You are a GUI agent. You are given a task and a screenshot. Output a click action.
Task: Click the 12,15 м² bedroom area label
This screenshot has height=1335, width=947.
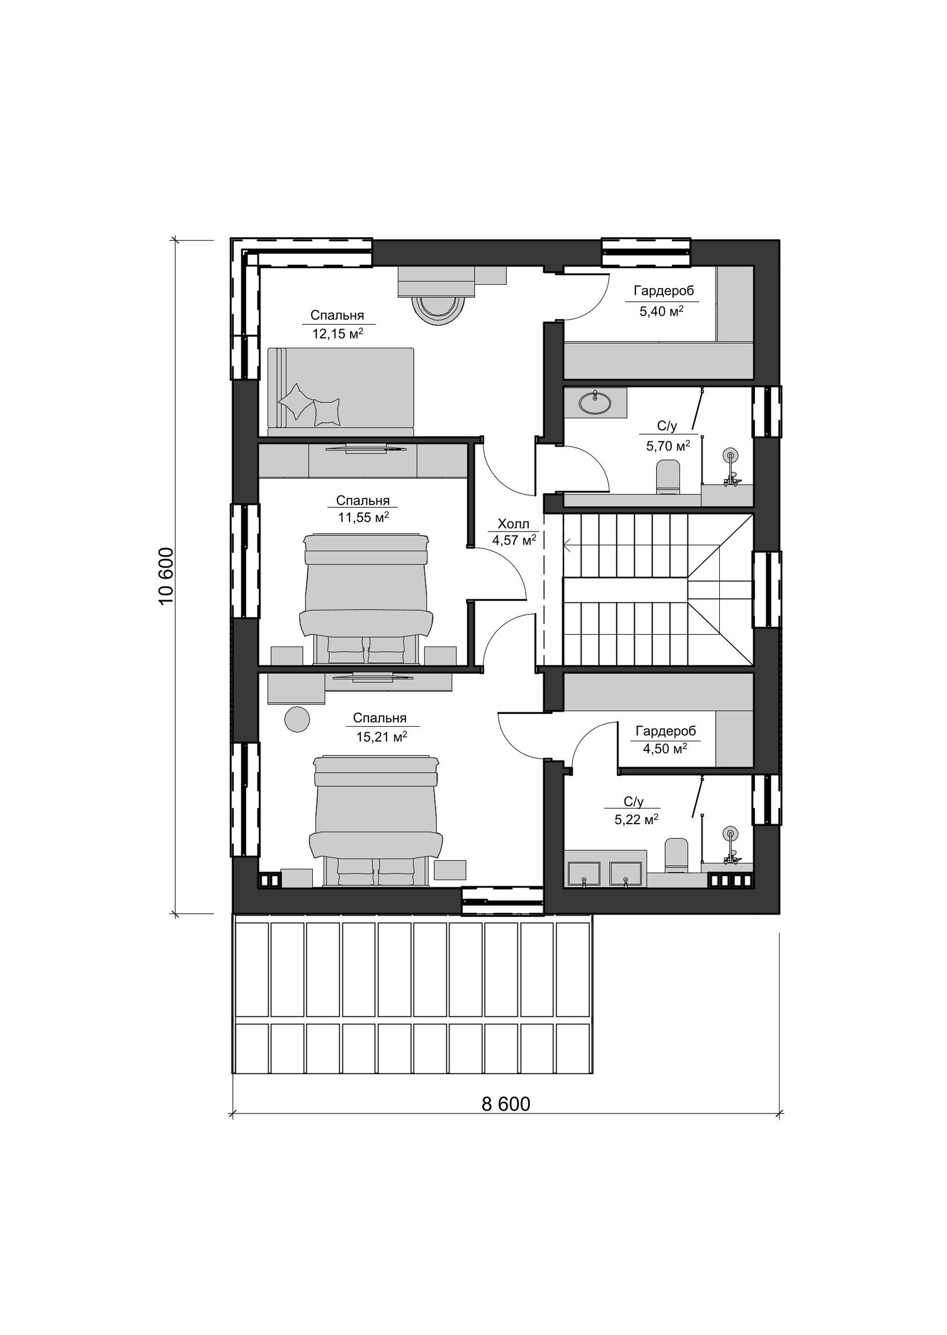coord(338,334)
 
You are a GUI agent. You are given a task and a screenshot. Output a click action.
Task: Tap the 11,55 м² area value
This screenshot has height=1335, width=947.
coord(363,517)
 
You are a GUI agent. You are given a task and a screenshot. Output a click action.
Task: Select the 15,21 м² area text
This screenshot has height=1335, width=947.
coord(382,737)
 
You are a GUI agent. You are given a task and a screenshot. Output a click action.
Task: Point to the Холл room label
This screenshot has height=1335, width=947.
coord(513,524)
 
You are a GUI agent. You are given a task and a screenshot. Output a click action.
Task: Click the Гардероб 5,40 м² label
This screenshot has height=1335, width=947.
coord(662,301)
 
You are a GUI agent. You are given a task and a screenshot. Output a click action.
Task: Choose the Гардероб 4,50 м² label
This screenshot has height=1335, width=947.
coord(665,739)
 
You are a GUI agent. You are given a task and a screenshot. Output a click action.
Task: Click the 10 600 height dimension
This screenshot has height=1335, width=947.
coord(166,576)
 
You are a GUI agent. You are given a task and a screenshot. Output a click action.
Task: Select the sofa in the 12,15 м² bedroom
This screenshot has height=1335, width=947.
coord(341,392)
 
